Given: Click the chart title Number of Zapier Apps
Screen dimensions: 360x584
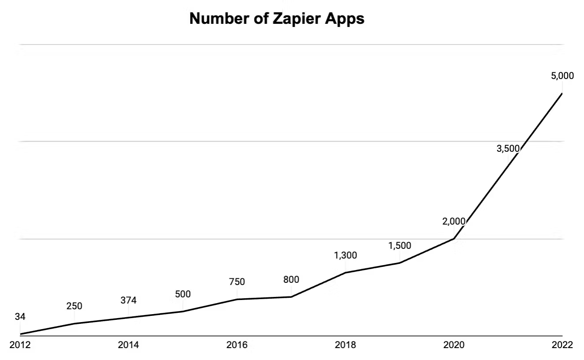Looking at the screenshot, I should coord(277,19).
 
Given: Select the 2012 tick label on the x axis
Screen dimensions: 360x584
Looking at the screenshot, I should coord(20,345).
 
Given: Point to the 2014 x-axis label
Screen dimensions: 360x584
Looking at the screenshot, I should coord(128,345).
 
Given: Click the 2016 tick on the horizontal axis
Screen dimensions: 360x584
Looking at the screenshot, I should coord(237,345).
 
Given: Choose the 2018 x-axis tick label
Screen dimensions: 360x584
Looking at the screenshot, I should coord(345,345).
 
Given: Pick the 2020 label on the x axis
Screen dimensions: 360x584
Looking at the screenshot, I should coord(454,345).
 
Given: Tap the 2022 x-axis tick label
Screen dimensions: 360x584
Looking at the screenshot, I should coord(562,345).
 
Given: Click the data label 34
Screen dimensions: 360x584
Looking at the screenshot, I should coord(20,317).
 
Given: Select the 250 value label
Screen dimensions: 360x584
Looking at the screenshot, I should coord(74,306).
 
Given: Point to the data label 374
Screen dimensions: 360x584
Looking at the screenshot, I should coord(128,300).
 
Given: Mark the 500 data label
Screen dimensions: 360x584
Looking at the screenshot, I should coord(183,294).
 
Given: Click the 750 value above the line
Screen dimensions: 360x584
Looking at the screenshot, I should coord(237,282).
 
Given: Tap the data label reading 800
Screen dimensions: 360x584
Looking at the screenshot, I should coord(291,279).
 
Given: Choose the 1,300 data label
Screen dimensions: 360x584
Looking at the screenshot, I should coord(345,255).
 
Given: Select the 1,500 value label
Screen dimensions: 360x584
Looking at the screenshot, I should coord(400,246).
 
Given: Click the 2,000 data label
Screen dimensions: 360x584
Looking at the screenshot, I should coord(454,221).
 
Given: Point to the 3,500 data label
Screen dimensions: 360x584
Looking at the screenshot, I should coord(508,149).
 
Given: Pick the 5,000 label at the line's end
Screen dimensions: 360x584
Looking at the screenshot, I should coord(562,76).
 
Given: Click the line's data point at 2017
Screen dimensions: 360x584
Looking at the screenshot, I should coord(291,297).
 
